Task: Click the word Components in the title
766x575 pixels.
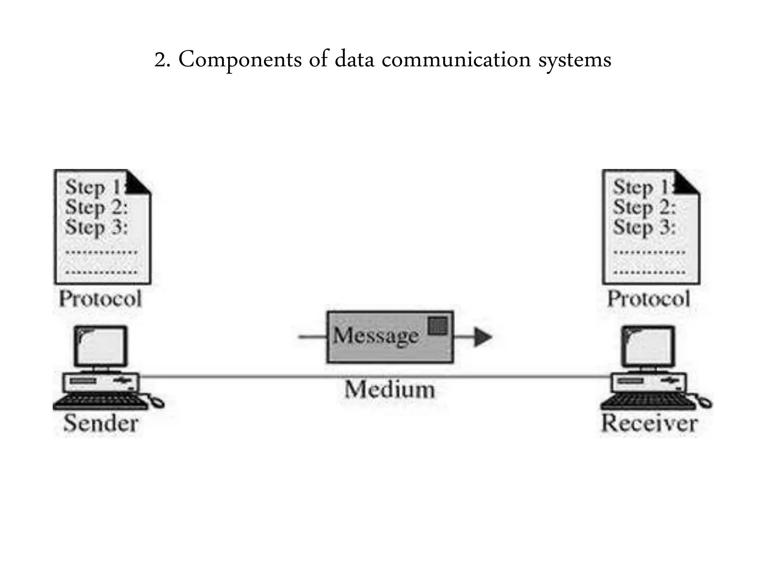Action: (240, 60)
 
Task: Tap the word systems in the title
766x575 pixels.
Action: (574, 60)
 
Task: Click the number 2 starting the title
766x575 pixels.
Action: (160, 60)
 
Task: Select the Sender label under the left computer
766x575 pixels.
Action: (101, 423)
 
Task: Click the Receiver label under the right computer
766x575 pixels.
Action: (649, 423)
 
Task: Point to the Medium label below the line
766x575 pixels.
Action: (390, 390)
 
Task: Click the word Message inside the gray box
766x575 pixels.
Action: (376, 335)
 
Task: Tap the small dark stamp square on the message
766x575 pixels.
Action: (438, 326)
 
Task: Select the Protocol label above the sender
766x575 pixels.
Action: (100, 299)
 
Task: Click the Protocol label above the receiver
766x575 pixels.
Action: (649, 299)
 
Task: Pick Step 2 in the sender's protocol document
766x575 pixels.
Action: (96, 207)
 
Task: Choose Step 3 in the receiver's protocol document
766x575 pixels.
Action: (644, 227)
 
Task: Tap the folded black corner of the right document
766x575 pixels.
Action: (686, 183)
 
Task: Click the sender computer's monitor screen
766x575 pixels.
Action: (101, 346)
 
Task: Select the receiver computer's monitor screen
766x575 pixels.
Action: (649, 346)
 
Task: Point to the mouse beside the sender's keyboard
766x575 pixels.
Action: (157, 402)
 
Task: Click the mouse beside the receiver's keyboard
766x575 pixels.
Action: (705, 402)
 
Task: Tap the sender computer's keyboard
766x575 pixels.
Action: (100, 402)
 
